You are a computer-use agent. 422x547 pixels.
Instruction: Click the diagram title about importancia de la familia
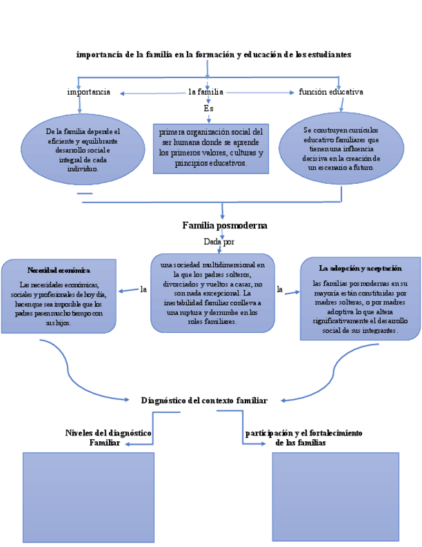click(x=213, y=55)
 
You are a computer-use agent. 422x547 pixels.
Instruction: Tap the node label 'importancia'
click(x=88, y=92)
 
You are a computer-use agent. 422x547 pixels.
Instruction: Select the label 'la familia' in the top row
click(x=206, y=92)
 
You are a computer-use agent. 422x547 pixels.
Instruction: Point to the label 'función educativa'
click(x=331, y=92)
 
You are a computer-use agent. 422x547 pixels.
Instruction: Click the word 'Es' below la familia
click(x=208, y=108)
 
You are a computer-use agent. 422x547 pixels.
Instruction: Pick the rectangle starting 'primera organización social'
click(x=211, y=148)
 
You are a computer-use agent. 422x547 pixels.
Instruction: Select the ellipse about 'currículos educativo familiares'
click(x=341, y=148)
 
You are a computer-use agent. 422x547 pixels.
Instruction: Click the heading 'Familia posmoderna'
click(x=224, y=226)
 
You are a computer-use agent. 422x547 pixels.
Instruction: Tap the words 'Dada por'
click(x=219, y=242)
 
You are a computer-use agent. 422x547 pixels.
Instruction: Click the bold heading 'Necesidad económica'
click(x=59, y=270)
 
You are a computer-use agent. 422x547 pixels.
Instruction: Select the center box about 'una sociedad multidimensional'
click(x=213, y=293)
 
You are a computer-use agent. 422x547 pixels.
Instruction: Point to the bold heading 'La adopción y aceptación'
click(x=360, y=268)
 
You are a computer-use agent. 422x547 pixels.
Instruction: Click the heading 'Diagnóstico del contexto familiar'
click(x=204, y=401)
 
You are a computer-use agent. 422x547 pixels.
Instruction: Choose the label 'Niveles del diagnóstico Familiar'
click(x=108, y=437)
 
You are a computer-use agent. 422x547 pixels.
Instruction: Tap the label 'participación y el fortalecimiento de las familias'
click(x=303, y=437)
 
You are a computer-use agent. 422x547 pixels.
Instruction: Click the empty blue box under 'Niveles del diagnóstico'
click(x=88, y=497)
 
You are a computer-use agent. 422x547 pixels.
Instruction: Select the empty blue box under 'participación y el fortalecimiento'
click(x=335, y=496)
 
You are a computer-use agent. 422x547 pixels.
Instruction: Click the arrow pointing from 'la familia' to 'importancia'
click(x=151, y=94)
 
